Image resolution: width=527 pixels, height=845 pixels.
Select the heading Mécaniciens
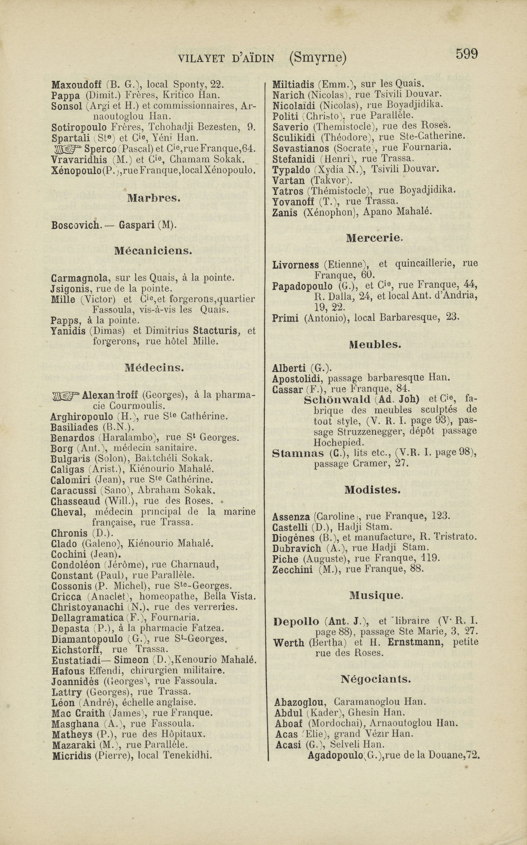pos(153,251)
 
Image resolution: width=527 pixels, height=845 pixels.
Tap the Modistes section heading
pos(372,490)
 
